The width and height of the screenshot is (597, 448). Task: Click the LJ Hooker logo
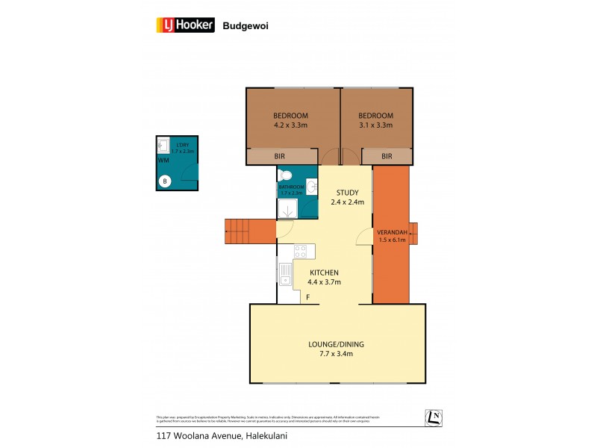[x=184, y=25]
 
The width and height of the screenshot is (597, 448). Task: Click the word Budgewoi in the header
[x=246, y=25]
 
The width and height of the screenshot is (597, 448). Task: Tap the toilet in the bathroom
[x=284, y=176]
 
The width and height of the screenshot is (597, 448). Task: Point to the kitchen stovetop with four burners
[x=301, y=252]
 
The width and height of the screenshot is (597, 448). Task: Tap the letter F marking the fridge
[x=307, y=298]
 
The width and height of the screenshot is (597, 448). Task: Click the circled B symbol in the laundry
[x=165, y=180]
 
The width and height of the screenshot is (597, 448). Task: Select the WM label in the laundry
[x=163, y=160]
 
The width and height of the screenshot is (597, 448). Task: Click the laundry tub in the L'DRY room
[x=163, y=146]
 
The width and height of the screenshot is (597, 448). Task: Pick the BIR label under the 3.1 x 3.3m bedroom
[x=387, y=156]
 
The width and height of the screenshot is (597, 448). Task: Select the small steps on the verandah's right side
[x=413, y=234]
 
